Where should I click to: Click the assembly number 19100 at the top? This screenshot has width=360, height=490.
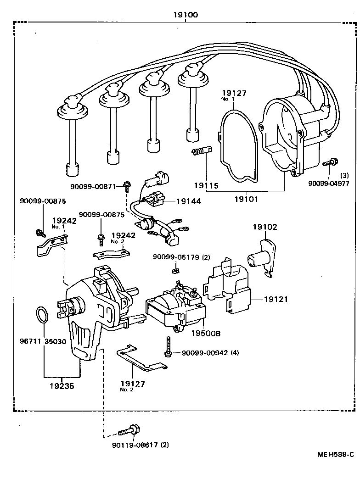(186, 15)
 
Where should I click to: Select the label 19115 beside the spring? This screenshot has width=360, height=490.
(205, 186)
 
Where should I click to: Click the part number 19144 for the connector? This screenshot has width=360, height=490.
(188, 201)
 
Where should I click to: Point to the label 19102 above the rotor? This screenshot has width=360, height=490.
(265, 227)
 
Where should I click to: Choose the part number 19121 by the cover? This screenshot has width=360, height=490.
(276, 299)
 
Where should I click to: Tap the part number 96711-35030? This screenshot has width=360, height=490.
(43, 341)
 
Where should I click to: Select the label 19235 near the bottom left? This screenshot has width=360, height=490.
(62, 385)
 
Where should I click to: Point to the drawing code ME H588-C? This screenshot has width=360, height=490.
(336, 454)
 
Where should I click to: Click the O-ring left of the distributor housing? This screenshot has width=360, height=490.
(42, 316)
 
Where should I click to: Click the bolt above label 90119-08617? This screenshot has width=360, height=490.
(128, 431)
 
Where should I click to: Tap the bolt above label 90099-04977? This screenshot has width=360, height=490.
(330, 162)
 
